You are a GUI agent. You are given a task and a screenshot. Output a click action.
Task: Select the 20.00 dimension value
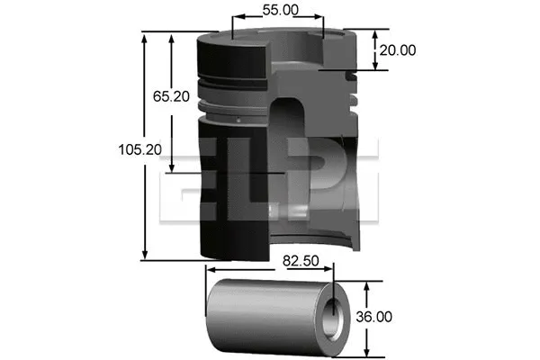[x=396, y=50]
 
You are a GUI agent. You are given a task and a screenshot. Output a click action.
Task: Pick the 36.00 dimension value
[x=396, y=317]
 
